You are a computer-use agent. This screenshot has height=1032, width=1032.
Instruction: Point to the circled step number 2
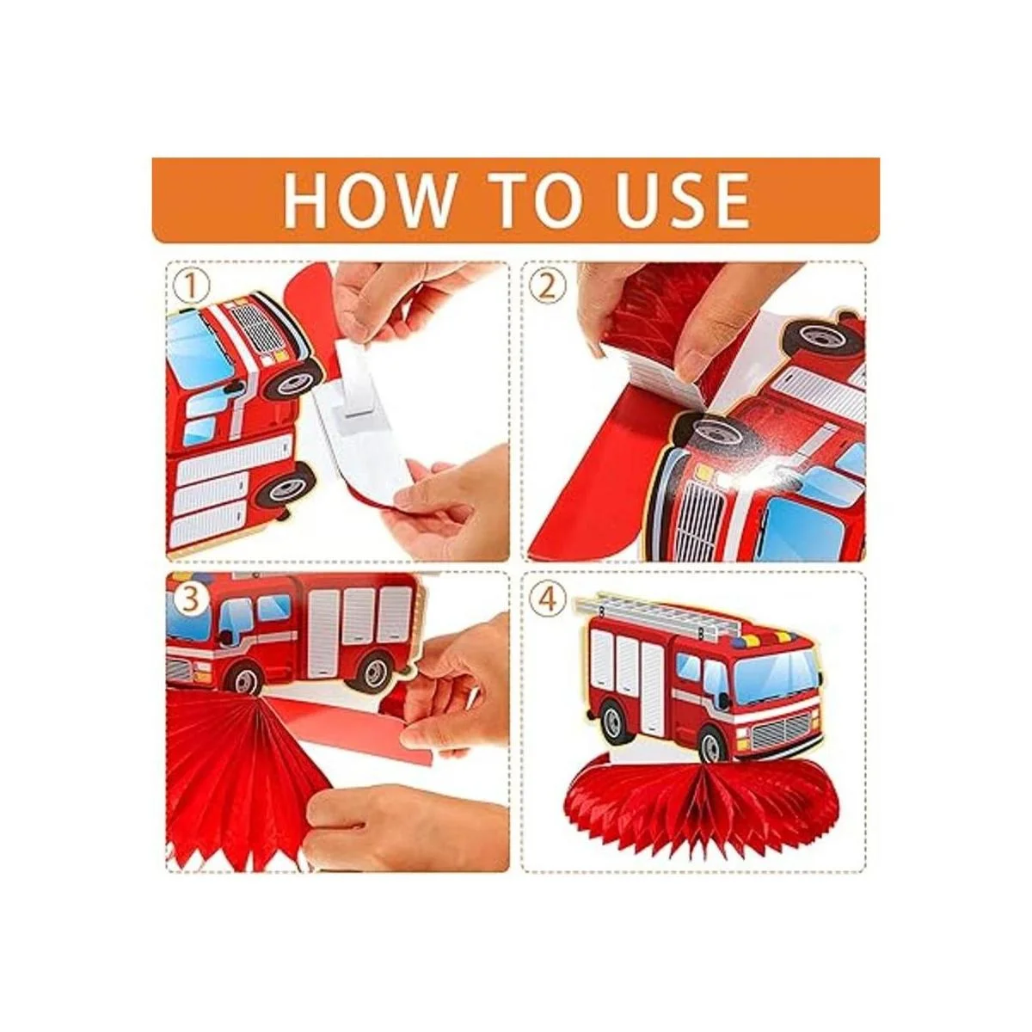tap(547, 286)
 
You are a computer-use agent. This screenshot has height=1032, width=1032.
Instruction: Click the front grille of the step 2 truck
tap(699, 510)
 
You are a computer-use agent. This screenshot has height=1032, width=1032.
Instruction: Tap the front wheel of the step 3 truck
tap(245, 679)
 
